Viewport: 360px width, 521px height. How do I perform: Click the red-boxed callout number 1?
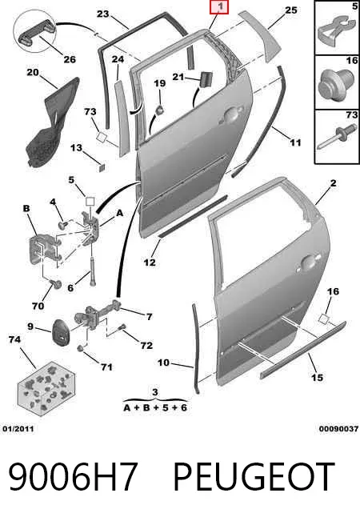(x=219, y=6)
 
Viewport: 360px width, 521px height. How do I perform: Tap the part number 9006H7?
(x=73, y=477)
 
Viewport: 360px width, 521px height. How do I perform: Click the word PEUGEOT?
(x=254, y=477)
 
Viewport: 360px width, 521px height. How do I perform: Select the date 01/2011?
(x=18, y=429)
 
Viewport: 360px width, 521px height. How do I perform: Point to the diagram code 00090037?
(x=338, y=429)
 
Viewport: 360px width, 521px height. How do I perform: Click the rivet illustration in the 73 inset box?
(x=334, y=138)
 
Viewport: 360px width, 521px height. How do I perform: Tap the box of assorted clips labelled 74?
(x=46, y=388)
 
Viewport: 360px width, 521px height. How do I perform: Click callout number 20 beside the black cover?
(x=33, y=72)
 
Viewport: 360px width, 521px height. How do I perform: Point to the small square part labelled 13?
(x=102, y=167)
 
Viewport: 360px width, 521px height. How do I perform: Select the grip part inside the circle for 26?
(x=37, y=31)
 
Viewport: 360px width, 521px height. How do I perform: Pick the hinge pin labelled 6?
(x=92, y=271)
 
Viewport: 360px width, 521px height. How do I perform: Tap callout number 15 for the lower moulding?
(x=317, y=378)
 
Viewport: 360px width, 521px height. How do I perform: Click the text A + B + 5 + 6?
(x=155, y=407)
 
